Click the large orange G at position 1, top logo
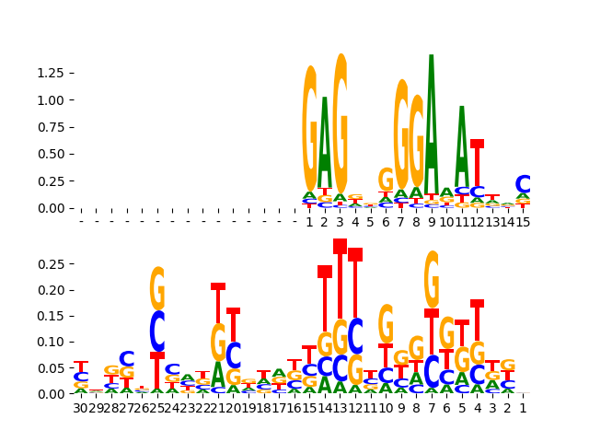pos(310,129)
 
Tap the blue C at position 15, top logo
pos(523,185)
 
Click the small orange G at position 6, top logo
pos(386,180)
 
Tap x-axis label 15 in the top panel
pos(523,222)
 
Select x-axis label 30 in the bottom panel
pos(81,407)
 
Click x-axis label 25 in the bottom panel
pos(157,407)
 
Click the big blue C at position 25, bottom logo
pos(157,331)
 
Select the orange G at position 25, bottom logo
pos(157,289)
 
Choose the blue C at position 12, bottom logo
pos(355,337)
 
